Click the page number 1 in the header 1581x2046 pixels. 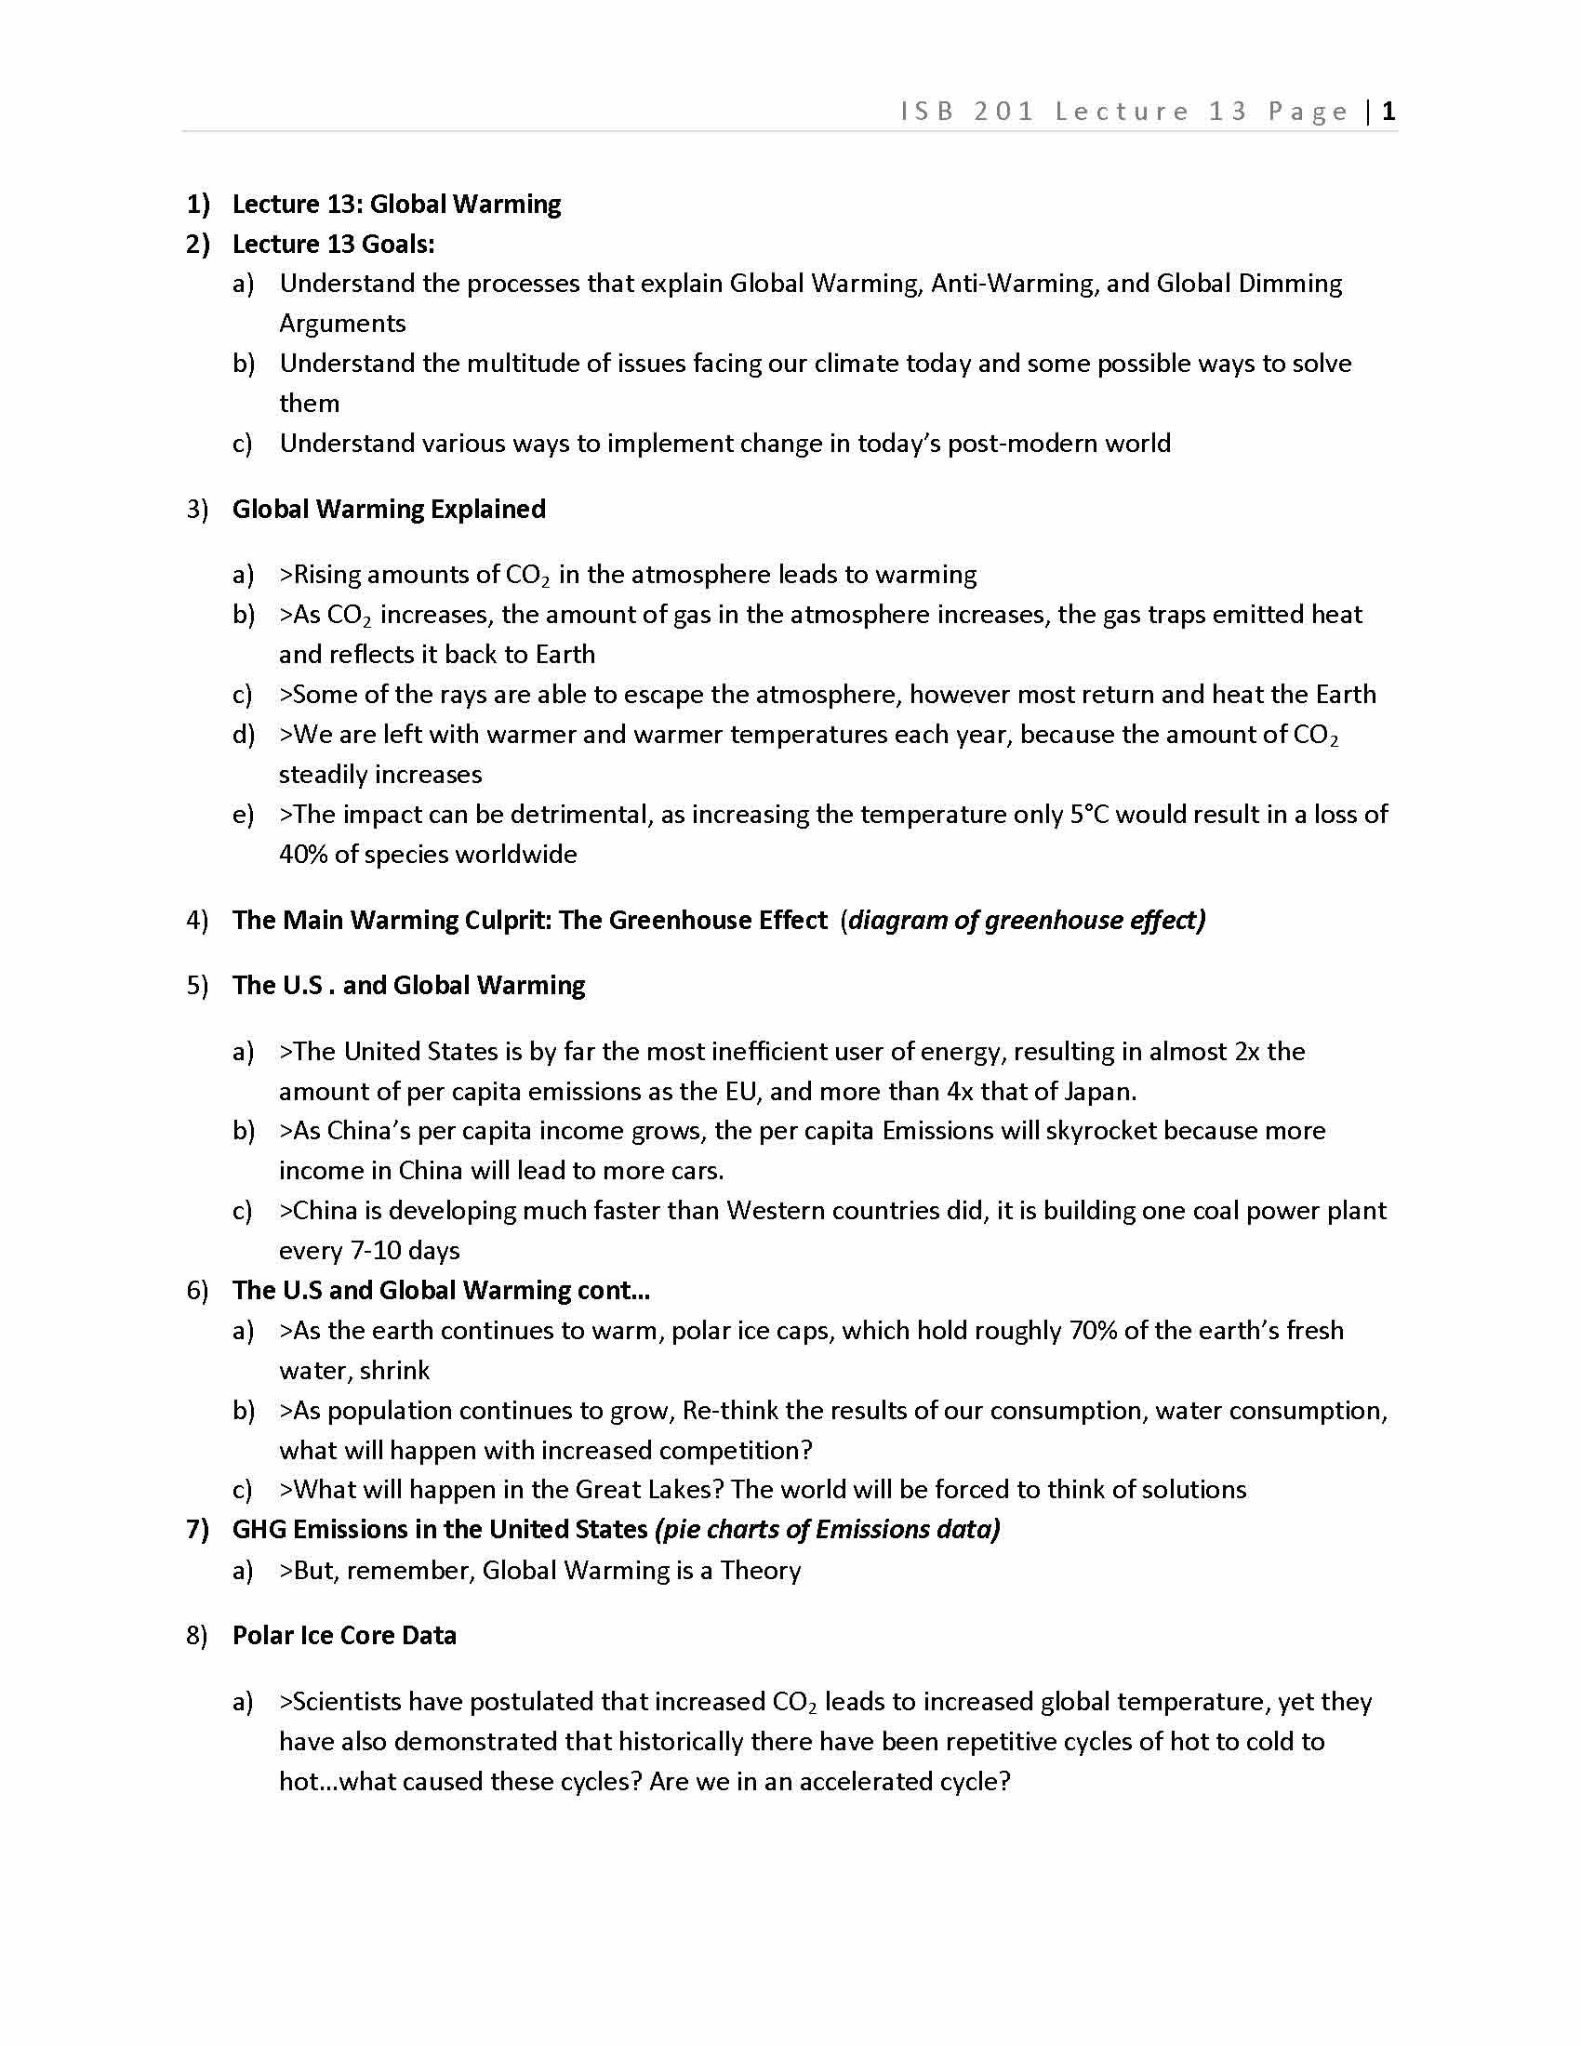click(x=1389, y=112)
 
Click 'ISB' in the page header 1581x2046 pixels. click(x=927, y=112)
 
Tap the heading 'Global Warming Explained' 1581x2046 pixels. click(x=389, y=509)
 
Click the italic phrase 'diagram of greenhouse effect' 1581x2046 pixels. click(x=1027, y=920)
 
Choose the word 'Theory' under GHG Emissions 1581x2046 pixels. click(x=760, y=1570)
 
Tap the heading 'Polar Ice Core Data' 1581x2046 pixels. click(x=344, y=1636)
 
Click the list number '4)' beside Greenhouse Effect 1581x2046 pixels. click(x=197, y=920)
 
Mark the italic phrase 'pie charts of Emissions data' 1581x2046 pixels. click(x=828, y=1530)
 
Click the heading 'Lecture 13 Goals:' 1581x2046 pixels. click(x=334, y=244)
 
